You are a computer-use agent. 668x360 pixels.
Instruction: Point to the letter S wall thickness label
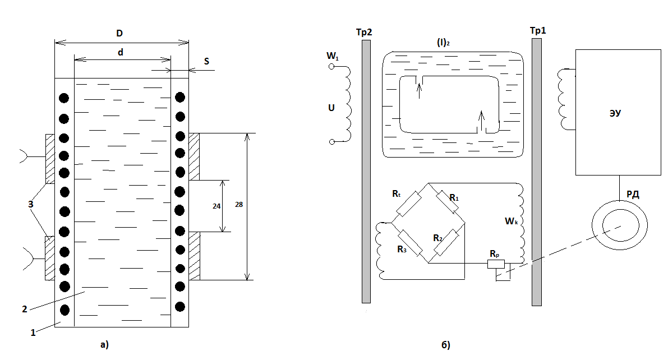(x=206, y=61)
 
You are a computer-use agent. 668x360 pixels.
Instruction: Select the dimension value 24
(x=216, y=205)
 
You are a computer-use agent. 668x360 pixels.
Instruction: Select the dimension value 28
(x=239, y=205)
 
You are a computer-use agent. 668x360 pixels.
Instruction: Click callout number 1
(x=33, y=333)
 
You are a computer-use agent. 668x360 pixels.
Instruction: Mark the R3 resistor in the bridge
(x=412, y=243)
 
